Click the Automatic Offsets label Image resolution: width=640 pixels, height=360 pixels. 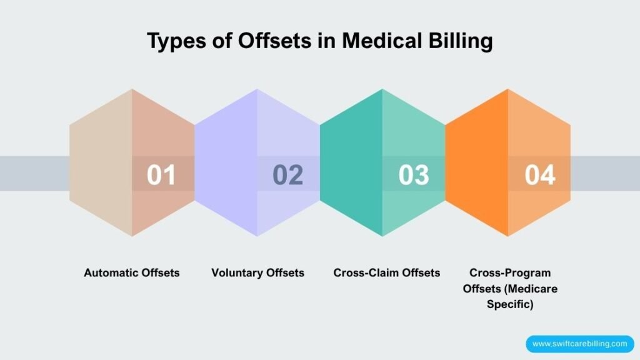pos(132,273)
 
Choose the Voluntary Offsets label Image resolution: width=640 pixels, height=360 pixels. pos(257,273)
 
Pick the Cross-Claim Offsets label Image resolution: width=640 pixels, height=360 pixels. pos(387,273)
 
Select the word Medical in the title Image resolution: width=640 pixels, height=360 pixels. pos(367,41)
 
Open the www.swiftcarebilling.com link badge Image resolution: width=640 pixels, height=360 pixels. pos(579,343)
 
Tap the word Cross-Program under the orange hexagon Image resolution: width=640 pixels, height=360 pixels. pos(510,273)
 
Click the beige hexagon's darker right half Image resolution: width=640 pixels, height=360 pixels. pos(164,125)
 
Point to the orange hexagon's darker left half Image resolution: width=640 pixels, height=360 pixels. pos(476,125)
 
